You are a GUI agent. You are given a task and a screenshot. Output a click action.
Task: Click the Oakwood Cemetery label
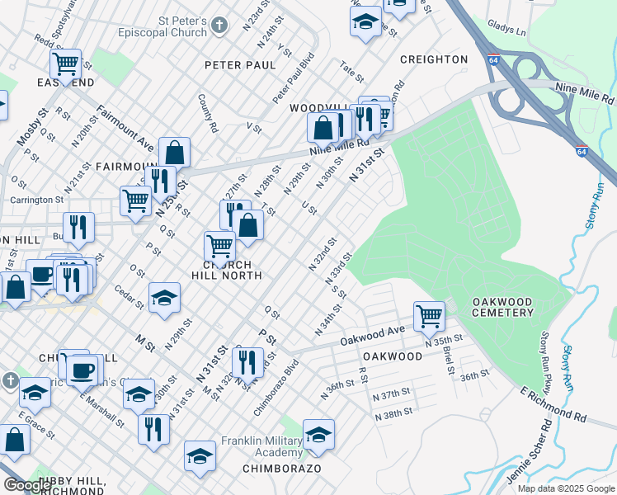tap(502, 307)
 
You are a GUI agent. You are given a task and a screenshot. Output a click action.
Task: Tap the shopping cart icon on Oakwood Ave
tap(429, 315)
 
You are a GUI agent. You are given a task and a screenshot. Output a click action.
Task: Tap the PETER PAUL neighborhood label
tap(240, 65)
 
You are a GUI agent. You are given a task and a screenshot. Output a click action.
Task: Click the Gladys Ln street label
tap(506, 30)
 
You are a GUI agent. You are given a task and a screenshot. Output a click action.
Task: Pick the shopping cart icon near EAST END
tap(65, 63)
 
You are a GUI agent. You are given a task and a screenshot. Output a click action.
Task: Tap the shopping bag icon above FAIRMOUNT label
tap(175, 152)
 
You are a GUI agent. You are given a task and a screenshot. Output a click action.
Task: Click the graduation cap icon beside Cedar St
tap(164, 298)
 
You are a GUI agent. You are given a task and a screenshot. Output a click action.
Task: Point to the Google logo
tap(28, 485)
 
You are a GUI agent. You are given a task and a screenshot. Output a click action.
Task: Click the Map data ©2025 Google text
tap(567, 488)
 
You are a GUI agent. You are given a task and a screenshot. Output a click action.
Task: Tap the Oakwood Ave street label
tap(373, 335)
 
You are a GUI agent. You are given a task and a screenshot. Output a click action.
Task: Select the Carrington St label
tap(37, 200)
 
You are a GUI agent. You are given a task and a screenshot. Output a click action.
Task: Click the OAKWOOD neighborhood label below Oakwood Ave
tap(392, 356)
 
